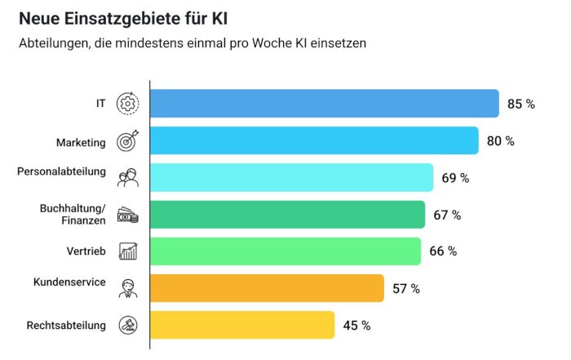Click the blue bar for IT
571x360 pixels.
325,104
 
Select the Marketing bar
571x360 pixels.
314,140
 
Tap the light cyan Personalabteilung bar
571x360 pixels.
291,177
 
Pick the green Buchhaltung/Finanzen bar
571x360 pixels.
287,215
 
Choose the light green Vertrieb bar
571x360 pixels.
285,251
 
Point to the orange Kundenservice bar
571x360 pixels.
267,288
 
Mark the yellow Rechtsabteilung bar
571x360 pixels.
242,325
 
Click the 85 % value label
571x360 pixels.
520,104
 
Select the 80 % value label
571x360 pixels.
500,141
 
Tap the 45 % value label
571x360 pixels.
356,326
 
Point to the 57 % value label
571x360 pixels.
405,289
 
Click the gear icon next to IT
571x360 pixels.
128,104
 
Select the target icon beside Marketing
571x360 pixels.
128,140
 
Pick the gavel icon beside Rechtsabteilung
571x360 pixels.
128,325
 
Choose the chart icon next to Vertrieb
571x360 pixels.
128,251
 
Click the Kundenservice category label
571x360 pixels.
69,282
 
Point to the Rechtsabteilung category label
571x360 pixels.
66,326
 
